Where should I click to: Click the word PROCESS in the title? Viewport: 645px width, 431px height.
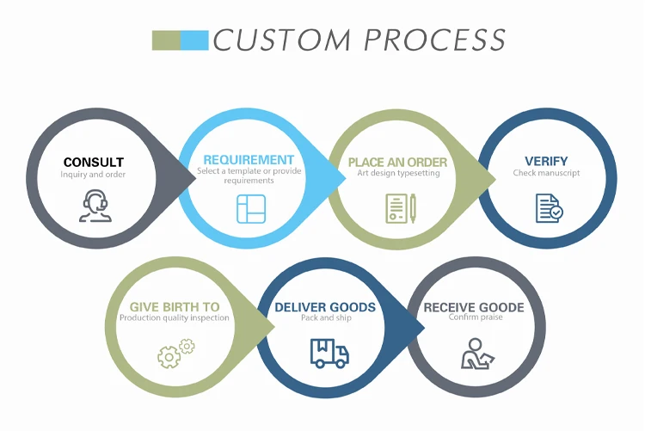coord(434,40)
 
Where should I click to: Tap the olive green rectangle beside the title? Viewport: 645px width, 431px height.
coord(166,40)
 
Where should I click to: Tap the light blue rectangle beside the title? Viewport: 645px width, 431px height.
coord(195,40)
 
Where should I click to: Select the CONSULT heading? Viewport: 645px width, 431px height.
coord(94,162)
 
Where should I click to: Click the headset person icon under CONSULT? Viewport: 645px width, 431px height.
coord(95,206)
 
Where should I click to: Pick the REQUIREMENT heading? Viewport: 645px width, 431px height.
coord(249,160)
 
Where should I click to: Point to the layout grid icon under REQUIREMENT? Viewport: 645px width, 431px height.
coord(251,209)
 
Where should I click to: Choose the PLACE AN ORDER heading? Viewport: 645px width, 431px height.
coord(397,162)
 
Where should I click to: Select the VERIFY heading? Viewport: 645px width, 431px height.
coord(546,161)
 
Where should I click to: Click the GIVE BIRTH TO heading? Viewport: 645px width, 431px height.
coord(175,307)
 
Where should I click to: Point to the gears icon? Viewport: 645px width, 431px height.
coord(175,353)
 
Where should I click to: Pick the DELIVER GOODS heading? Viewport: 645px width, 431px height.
coord(325,307)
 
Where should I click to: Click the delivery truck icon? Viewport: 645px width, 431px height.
coord(329,352)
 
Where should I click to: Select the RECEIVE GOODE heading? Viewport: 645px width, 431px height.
coord(474,307)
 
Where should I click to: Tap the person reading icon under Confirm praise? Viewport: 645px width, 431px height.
coord(475,353)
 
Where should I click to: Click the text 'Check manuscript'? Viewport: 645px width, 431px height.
coord(547,173)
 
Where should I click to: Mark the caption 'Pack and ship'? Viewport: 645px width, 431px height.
coord(325,318)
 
